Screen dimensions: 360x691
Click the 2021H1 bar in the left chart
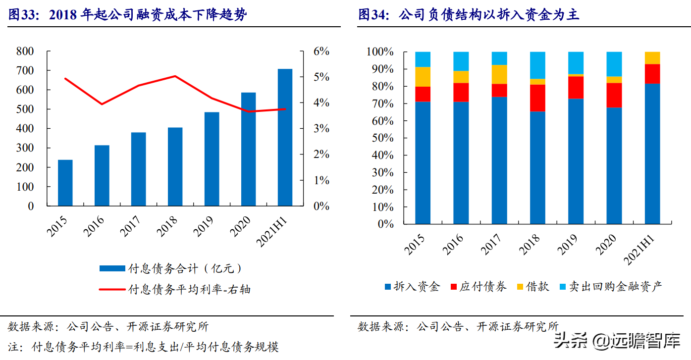(285, 137)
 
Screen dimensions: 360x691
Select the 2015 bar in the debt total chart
(65, 183)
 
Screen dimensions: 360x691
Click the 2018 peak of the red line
(175, 76)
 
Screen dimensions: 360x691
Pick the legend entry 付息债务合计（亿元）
(171, 268)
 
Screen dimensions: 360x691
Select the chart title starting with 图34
(469, 15)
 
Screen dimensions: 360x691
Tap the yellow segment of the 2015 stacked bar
(423, 77)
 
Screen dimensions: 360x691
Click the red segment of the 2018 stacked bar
(537, 98)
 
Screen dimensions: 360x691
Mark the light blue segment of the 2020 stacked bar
(614, 64)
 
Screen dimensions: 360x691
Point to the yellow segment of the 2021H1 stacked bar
(652, 58)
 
